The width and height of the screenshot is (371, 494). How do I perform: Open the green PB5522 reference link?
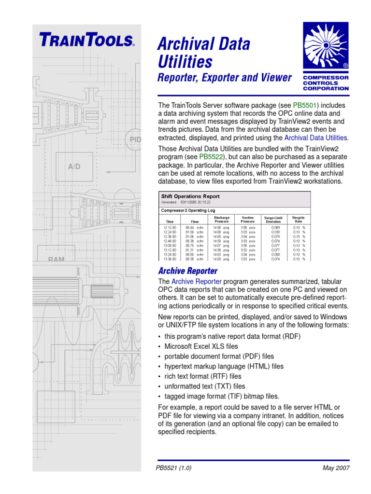point(212,157)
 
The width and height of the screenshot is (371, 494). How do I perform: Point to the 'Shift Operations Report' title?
point(190,196)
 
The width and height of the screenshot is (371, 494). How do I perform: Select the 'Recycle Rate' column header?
point(299,220)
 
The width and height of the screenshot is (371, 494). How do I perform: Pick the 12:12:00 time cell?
point(170,227)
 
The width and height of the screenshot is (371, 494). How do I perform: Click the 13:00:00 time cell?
point(170,246)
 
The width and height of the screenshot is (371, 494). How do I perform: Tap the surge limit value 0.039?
point(275,232)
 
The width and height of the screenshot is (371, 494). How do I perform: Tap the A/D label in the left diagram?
point(74,166)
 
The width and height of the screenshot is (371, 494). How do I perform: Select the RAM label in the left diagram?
point(57,260)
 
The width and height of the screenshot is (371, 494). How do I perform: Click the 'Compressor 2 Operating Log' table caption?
point(190,210)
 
